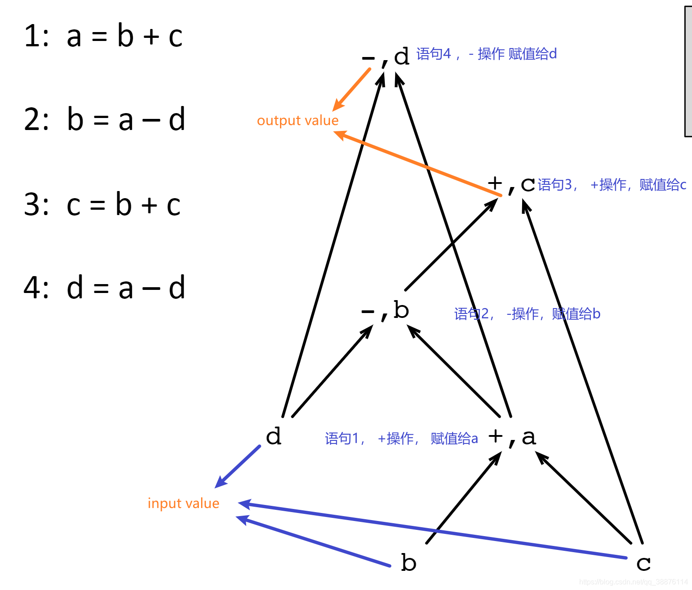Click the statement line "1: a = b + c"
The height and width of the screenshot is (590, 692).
[x=103, y=36]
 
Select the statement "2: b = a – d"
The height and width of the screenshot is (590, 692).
[x=104, y=119]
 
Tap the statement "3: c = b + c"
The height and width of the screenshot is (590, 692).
[x=102, y=204]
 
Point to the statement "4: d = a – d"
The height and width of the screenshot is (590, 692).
[x=104, y=288]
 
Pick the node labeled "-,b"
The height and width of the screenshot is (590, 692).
[x=385, y=310]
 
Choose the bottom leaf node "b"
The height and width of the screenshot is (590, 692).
[x=408, y=563]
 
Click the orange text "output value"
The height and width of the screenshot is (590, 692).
[x=298, y=121]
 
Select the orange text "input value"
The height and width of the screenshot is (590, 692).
[x=183, y=503]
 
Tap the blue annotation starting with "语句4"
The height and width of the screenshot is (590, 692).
[x=486, y=54]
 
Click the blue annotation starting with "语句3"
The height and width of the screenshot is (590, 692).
[x=612, y=184]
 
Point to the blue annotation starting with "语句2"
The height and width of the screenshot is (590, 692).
[x=527, y=313]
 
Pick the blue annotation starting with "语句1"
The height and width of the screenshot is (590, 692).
[x=401, y=439]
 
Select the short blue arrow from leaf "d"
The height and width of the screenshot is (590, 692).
[x=238, y=466]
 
